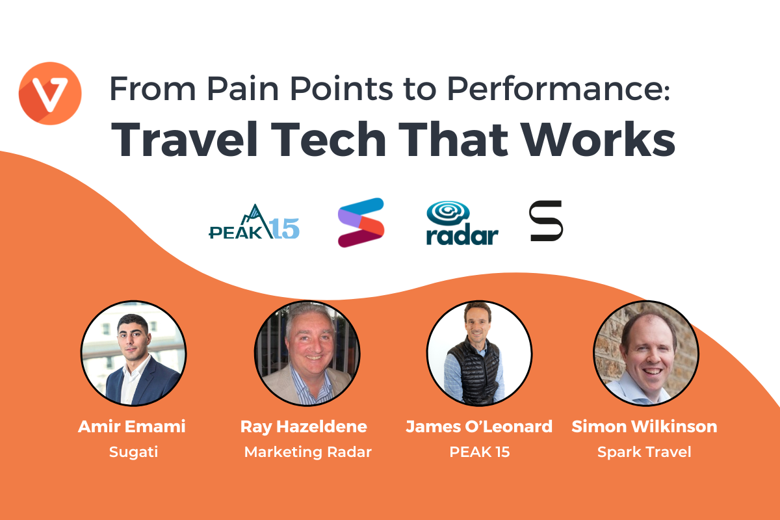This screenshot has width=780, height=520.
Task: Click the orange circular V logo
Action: click(50, 94)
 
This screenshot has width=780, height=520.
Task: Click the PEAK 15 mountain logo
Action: click(254, 222)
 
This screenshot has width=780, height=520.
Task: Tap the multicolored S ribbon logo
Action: click(361, 222)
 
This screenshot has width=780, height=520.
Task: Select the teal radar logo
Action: click(462, 223)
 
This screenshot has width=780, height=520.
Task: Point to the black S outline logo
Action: click(545, 221)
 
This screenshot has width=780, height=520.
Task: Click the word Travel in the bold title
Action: click(184, 139)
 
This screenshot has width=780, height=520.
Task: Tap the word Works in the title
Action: click(598, 139)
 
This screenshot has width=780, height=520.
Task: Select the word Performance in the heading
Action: click(559, 88)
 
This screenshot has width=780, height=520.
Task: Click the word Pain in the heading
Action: click(242, 88)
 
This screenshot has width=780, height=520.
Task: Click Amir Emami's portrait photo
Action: click(134, 354)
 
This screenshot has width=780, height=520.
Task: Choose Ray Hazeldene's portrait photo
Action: click(307, 354)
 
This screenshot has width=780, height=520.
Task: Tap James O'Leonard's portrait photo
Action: click(480, 354)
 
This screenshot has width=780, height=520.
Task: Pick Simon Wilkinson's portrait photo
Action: click(646, 354)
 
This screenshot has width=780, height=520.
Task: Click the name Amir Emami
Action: click(132, 426)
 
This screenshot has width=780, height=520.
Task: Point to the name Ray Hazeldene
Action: click(304, 427)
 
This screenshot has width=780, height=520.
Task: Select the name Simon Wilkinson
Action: click(645, 426)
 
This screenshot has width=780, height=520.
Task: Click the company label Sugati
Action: click(134, 452)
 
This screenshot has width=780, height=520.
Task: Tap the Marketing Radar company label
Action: click(308, 452)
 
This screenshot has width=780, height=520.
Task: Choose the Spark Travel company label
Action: click(645, 452)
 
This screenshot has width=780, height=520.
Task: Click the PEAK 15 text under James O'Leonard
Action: click(480, 452)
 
